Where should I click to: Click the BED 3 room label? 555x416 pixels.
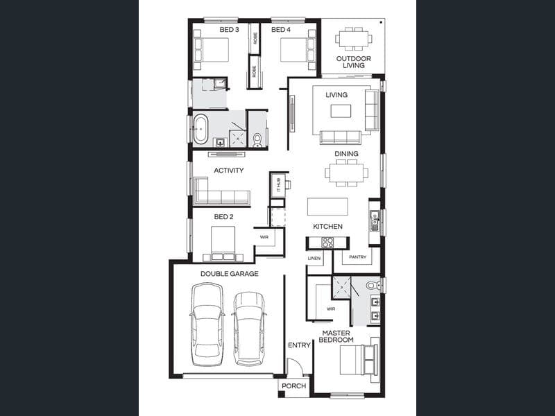pos(229,30)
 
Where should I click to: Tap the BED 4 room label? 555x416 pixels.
pos(281,30)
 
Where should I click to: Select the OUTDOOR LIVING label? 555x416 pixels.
pos(354,62)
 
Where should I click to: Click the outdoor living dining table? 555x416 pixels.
pos(354,39)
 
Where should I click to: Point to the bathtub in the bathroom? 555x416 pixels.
pos(200,129)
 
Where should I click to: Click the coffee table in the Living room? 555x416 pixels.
pos(341,111)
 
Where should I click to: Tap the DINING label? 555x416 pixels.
pos(346,153)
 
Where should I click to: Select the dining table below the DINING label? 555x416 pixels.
pos(346,173)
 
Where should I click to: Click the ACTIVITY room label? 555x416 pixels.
pos(229,171)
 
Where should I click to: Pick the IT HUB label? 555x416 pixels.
pos(278,184)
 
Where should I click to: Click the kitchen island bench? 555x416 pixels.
pos(327,207)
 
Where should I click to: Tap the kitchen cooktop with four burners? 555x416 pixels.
pos(327,242)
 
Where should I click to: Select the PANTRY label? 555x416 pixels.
pos(357,257)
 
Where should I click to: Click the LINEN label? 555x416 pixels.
pos(314,258)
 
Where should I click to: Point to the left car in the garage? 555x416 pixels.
pos(207,324)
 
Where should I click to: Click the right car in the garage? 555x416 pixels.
pos(249,329)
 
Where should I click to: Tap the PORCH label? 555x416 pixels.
pos(293,386)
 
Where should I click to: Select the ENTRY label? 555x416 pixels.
pos(299,345)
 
